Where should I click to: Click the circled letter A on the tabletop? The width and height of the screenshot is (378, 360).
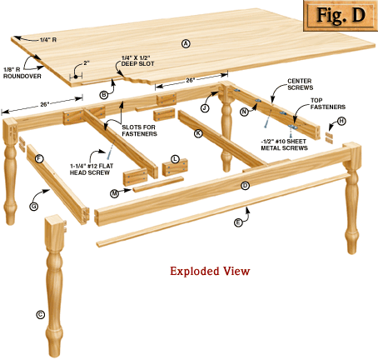pos(186,43)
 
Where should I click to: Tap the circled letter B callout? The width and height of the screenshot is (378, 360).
pos(103,95)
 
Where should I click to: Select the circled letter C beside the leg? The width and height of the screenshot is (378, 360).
pos(41,315)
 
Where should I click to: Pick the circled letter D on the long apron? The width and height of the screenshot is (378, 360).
pos(245,186)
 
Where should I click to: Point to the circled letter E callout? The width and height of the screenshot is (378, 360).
pos(238,222)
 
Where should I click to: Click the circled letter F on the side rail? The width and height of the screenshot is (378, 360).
pos(39,158)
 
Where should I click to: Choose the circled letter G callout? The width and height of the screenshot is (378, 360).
pos(34,207)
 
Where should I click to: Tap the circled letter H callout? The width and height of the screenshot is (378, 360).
pos(341,121)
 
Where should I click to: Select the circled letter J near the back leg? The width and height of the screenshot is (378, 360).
pos(205,107)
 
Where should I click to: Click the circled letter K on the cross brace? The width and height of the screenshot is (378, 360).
pos(198,133)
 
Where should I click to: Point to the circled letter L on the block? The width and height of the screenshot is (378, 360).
pos(175,159)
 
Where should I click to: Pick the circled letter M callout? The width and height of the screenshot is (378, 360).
pos(115,193)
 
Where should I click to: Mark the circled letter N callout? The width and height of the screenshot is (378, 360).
pos(244,112)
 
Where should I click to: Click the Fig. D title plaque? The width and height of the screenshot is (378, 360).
pos(341,16)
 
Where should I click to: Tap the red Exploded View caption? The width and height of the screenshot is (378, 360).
pos(210,271)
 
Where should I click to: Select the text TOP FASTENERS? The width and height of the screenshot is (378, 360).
pos(328,103)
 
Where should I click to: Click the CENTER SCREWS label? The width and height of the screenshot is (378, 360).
pos(301,84)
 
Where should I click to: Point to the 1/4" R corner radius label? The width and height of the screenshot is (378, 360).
pos(48,40)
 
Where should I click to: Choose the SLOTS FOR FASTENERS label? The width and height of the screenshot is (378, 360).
pos(139,130)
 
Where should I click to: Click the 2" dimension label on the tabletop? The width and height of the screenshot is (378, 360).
pos(87,63)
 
